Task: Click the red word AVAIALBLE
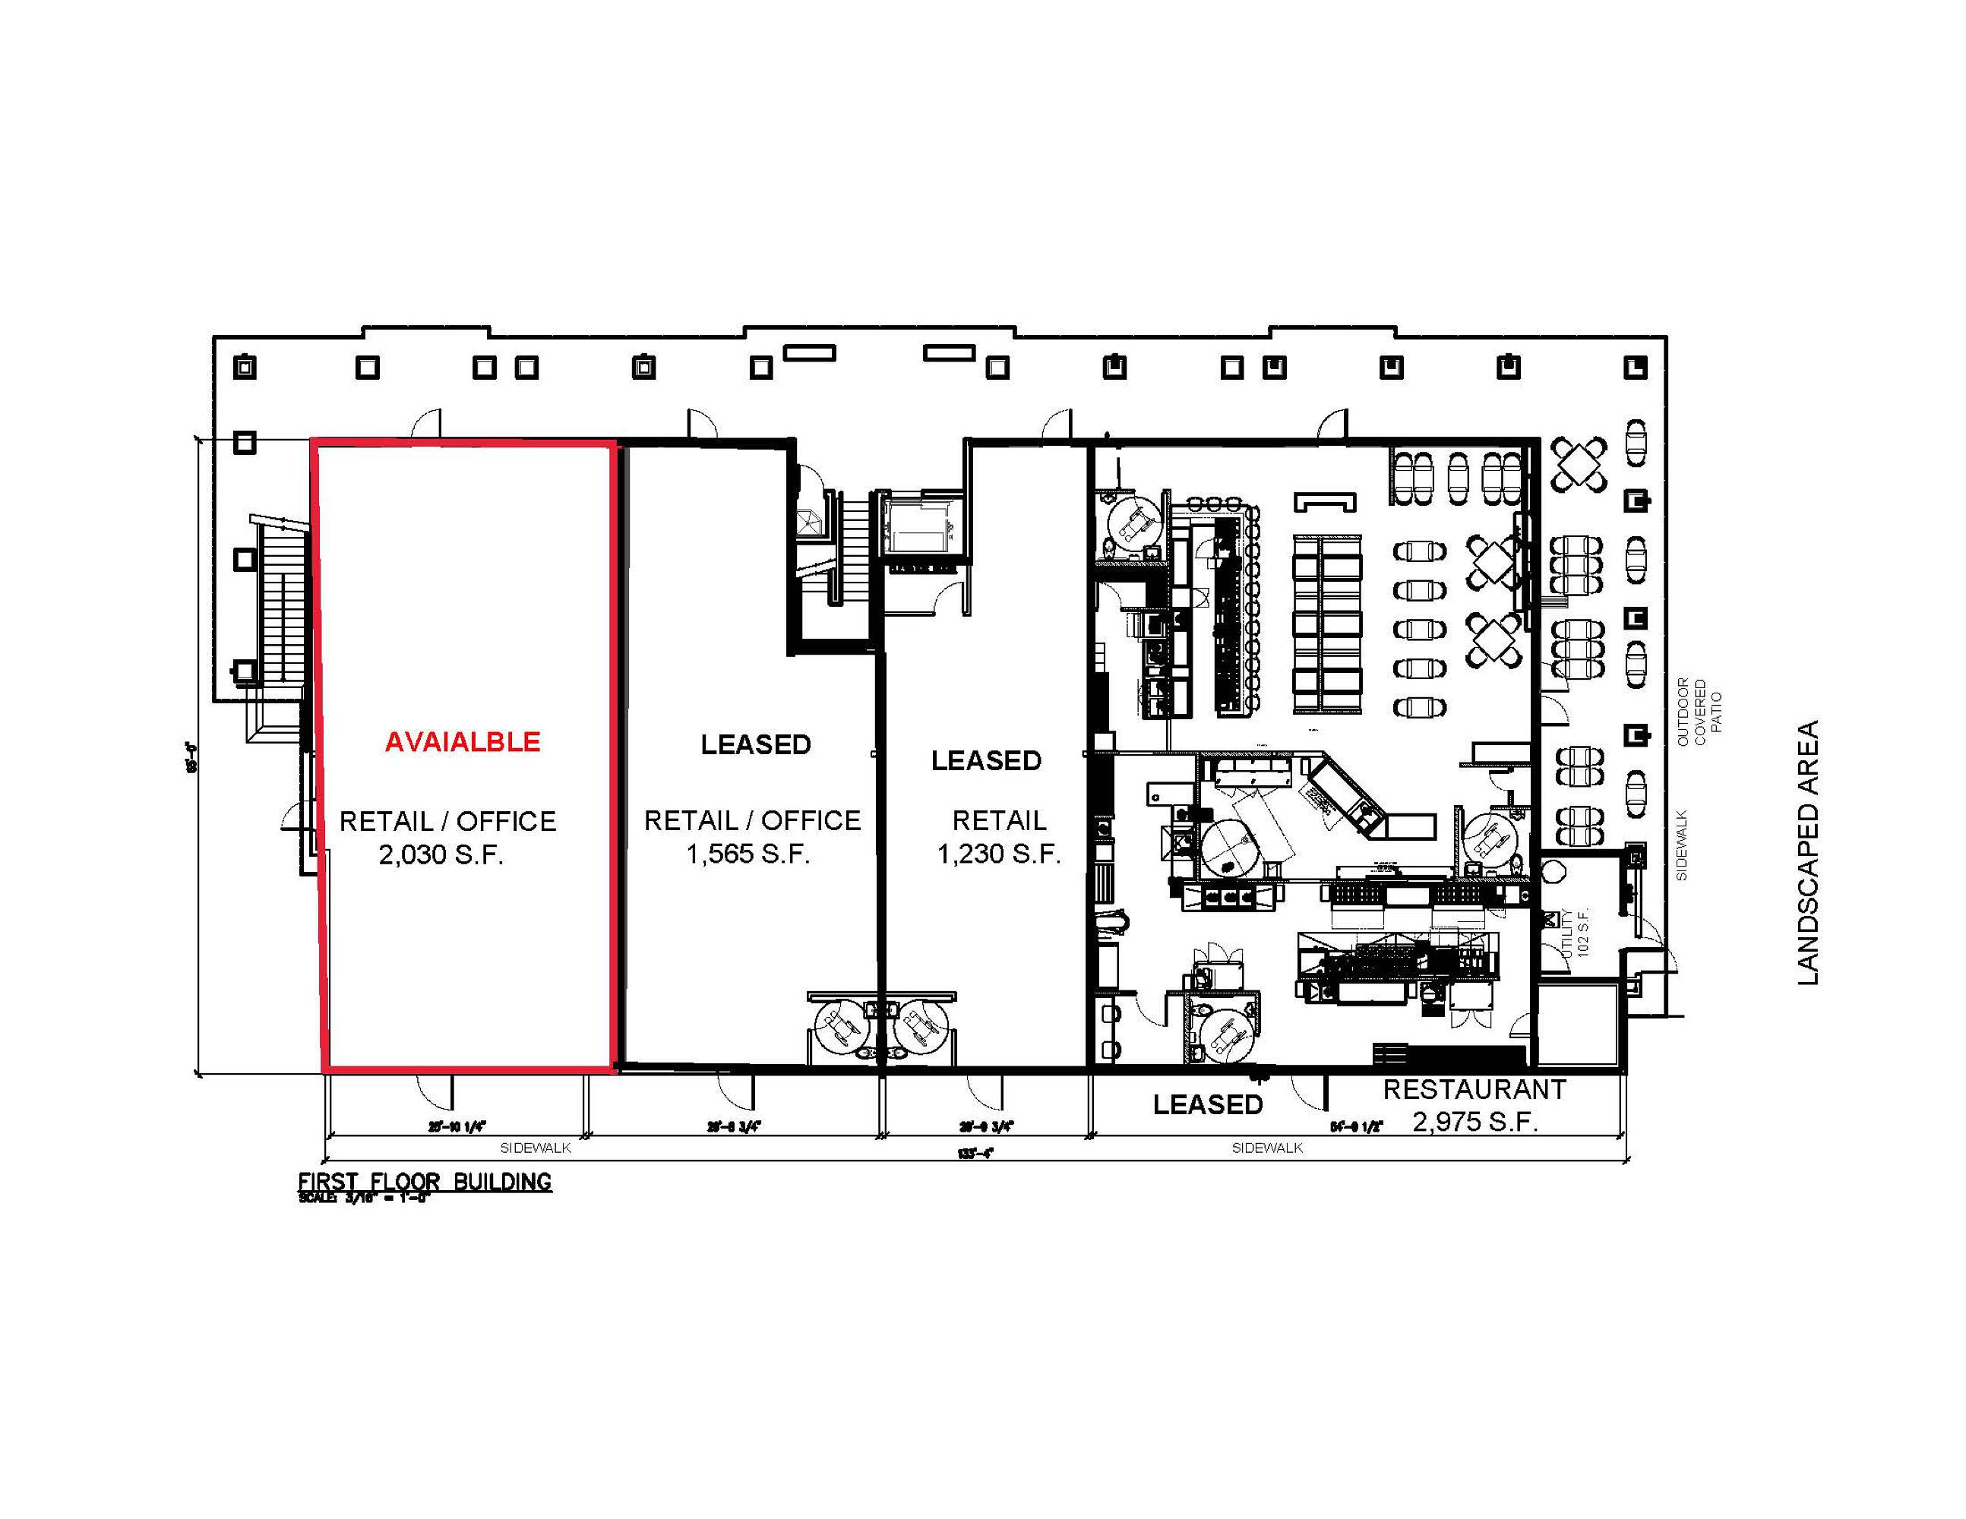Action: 463,741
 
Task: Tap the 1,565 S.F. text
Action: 748,853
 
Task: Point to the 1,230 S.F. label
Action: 999,853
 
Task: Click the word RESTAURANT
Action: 1474,1090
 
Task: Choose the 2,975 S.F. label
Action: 1474,1122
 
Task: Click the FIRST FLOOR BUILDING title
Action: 425,1182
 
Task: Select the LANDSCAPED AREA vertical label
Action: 1807,852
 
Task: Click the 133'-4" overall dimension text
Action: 975,1153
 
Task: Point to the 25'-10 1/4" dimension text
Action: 457,1126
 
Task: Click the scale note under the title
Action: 365,1198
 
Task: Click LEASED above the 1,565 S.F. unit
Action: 756,744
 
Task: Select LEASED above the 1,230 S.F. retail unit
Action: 987,760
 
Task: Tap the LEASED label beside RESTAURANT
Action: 1208,1104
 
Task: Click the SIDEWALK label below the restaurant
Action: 1267,1148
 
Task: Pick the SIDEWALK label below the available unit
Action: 536,1148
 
